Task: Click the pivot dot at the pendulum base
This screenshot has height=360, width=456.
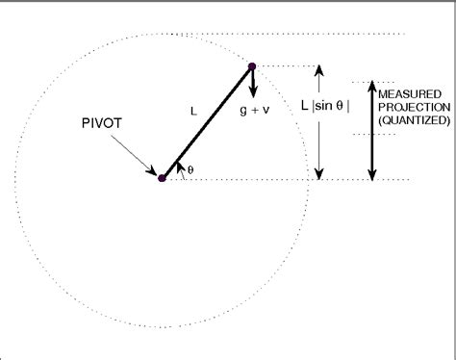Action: click(163, 178)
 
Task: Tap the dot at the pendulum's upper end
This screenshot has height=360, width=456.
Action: click(252, 66)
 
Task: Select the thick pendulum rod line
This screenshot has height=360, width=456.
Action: click(207, 122)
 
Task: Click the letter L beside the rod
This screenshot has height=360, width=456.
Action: click(192, 112)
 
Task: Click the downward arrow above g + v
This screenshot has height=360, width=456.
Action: click(255, 85)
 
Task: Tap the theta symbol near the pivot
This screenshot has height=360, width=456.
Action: click(190, 169)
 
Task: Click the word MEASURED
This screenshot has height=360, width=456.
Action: click(413, 93)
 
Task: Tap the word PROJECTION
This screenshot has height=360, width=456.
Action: click(413, 107)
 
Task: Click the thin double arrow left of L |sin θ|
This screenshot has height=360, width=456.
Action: click(320, 122)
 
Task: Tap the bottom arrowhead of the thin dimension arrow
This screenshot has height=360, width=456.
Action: click(320, 173)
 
